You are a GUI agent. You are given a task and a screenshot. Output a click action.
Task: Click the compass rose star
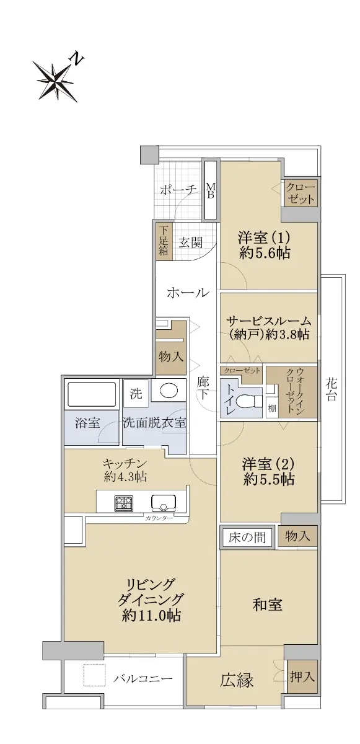[x=55, y=81]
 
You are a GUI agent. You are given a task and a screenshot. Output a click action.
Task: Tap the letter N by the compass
[x=77, y=59]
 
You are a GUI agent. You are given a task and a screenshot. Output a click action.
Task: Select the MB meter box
[x=211, y=190]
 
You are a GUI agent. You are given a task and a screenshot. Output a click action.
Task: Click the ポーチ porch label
[x=178, y=190]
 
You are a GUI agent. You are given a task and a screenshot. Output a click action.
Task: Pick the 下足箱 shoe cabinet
[x=164, y=241]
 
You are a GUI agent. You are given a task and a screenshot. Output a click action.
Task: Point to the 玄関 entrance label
[x=190, y=243]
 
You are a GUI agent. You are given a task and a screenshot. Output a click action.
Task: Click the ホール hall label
[x=188, y=293]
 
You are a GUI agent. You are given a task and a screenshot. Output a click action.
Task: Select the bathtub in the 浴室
[x=92, y=394]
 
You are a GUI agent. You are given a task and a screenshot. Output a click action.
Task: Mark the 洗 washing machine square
[x=136, y=394]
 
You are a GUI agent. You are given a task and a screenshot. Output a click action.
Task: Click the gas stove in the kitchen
[x=124, y=503]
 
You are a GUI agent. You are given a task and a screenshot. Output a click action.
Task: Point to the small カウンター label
[x=159, y=518]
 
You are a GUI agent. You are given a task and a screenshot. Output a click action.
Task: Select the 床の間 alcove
[x=247, y=537]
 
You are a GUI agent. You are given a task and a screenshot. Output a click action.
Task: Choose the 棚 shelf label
[x=272, y=408]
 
